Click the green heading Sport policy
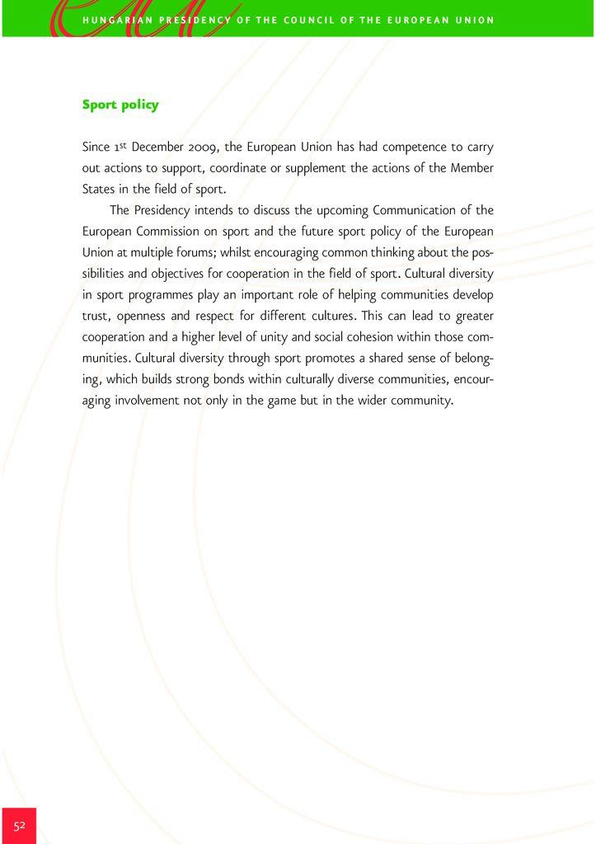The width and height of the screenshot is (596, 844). (x=120, y=105)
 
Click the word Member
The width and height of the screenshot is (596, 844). (x=471, y=168)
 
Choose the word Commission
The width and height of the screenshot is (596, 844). (x=167, y=230)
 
